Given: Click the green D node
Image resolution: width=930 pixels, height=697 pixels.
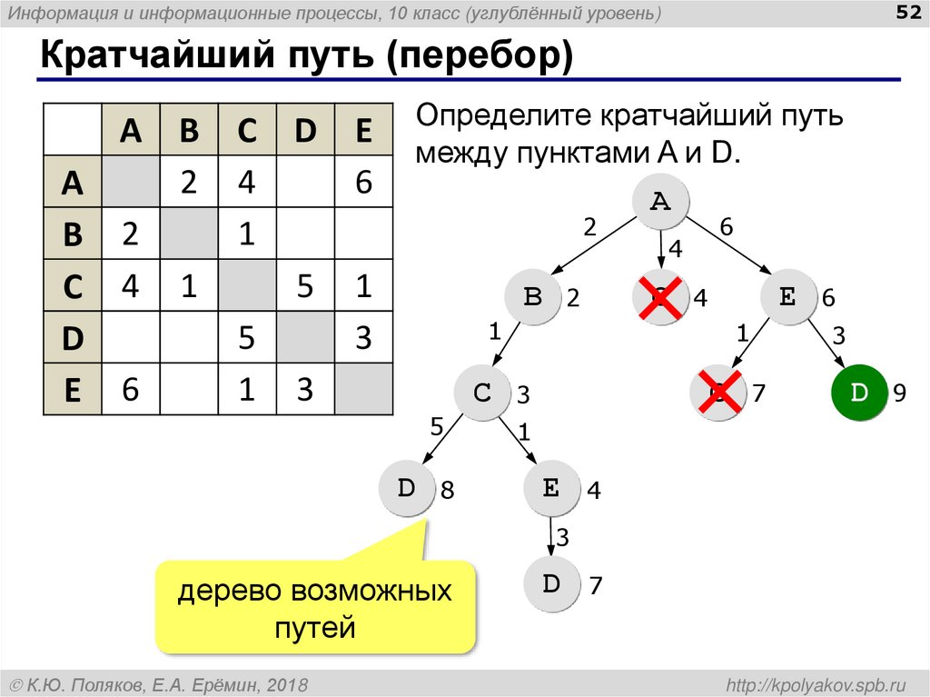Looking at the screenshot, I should click(x=858, y=393).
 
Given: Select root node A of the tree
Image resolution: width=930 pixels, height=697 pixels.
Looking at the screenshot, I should click(x=660, y=203).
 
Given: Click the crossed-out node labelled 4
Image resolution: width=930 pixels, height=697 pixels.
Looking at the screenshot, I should click(x=660, y=296).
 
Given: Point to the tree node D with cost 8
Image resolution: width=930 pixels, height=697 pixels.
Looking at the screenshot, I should click(x=406, y=489).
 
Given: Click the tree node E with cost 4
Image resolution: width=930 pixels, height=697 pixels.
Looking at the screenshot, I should click(x=551, y=489).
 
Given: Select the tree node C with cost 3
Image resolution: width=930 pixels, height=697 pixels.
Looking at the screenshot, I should click(x=482, y=393).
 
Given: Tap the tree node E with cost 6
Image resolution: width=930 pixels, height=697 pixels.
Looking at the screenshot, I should click(x=787, y=296).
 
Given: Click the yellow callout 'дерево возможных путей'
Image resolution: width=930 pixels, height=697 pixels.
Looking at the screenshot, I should click(x=315, y=607).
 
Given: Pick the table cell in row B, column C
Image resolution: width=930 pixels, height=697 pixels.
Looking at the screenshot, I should click(x=247, y=234).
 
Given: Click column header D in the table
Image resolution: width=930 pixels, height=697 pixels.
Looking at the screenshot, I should click(x=305, y=131).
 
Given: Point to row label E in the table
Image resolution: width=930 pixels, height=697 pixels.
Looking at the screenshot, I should click(x=73, y=390).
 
